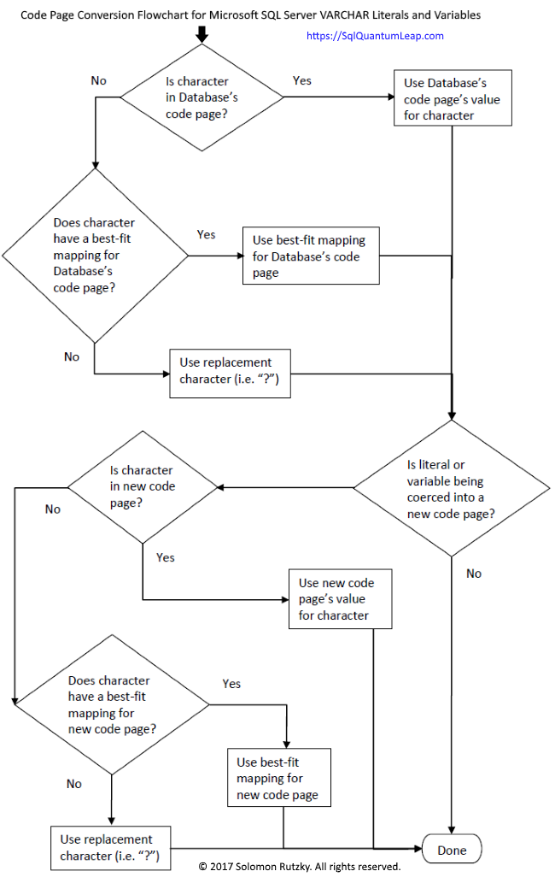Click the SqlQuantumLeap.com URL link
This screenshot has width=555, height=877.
pyautogui.click(x=374, y=36)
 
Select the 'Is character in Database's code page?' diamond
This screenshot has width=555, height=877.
pyautogui.click(x=202, y=97)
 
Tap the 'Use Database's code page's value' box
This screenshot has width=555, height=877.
pyautogui.click(x=452, y=98)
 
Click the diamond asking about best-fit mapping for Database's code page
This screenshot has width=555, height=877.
pyautogui.click(x=94, y=255)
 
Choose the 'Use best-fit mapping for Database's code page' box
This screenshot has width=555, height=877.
pyautogui.click(x=311, y=256)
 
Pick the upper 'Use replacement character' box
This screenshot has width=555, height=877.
pyautogui.click(x=230, y=374)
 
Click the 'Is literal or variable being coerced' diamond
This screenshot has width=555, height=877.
pyautogui.click(x=451, y=488)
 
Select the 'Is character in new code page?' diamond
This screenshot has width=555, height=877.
pyautogui.click(x=143, y=487)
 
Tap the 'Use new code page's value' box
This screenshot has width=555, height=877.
pyautogui.click(x=340, y=598)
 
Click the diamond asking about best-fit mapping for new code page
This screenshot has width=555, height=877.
pyautogui.click(x=111, y=706)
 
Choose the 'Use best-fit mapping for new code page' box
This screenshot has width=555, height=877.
pyautogui.click(x=278, y=778)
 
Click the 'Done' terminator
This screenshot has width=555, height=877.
pyautogui.click(x=452, y=850)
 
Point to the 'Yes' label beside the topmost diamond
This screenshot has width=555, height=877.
pyautogui.click(x=302, y=80)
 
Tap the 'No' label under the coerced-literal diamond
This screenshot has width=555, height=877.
pyautogui.click(x=474, y=574)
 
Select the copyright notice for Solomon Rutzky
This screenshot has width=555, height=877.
pyautogui.click(x=300, y=867)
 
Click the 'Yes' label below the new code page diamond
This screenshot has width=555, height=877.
pyautogui.click(x=166, y=557)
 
